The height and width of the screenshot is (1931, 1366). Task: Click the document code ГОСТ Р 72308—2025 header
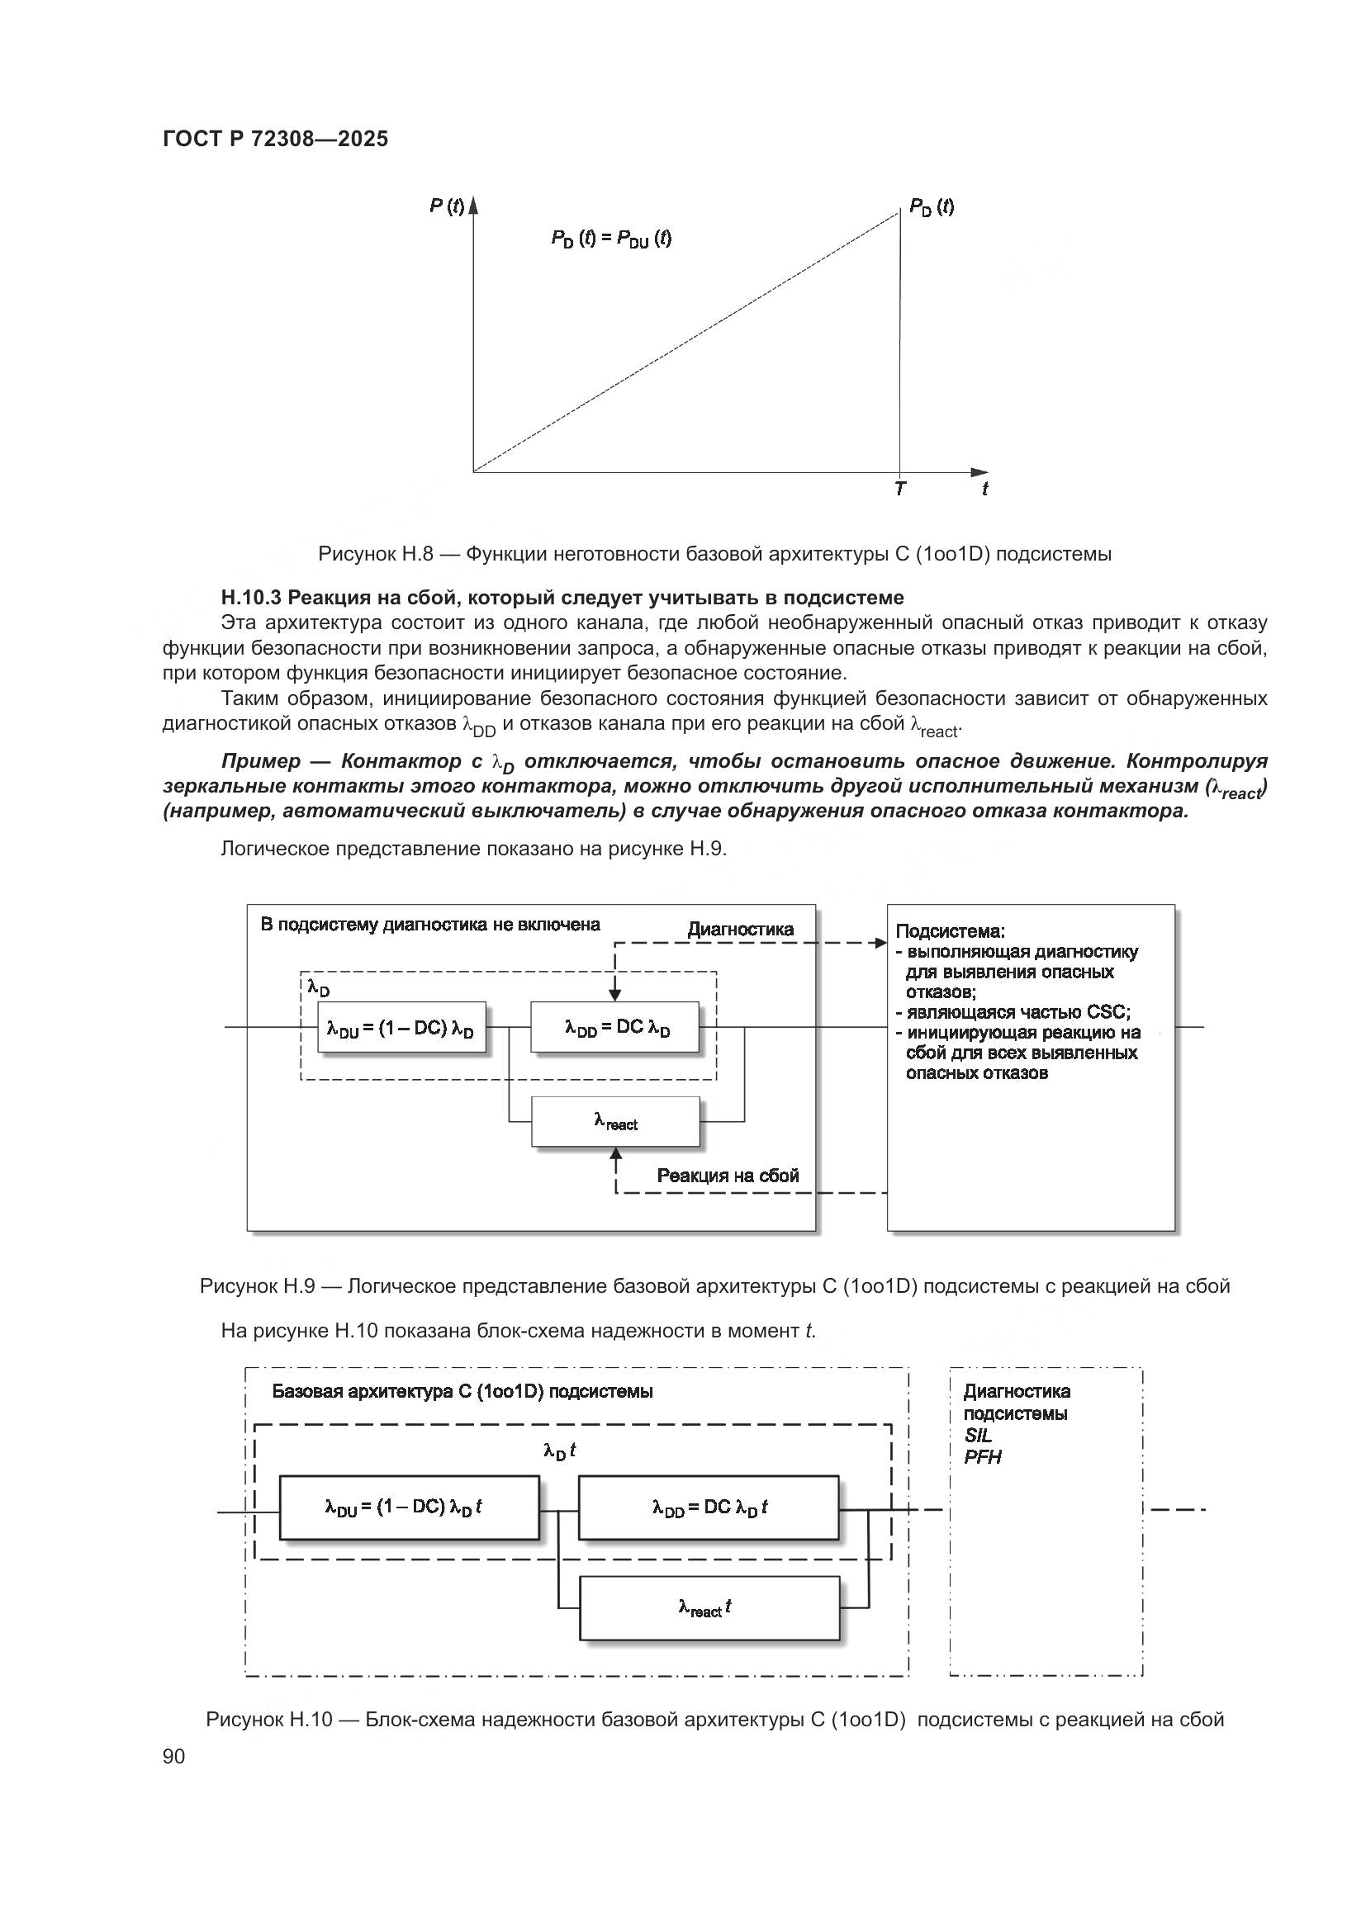coord(275,139)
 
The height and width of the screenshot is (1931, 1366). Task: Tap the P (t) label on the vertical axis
coord(446,206)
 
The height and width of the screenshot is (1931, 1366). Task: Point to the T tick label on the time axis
coord(900,489)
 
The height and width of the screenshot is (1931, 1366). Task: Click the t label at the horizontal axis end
coord(985,489)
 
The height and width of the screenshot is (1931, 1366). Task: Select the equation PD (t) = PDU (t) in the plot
coord(611,239)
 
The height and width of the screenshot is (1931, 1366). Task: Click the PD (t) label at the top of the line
coord(931,207)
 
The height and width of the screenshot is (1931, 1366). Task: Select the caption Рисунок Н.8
coord(375,553)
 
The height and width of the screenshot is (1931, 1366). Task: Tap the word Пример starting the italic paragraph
coord(261,761)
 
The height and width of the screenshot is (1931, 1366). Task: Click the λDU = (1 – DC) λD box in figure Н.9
coord(401,1027)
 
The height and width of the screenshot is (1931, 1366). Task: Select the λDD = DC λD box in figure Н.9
coord(615,1027)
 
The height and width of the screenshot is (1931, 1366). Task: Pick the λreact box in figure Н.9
coord(615,1121)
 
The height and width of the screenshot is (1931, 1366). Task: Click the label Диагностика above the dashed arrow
coord(740,929)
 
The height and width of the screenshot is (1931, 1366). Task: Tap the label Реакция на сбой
coord(728,1175)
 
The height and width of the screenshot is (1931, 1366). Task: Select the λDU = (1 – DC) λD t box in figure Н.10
coord(409,1508)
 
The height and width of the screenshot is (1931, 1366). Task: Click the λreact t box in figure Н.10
coord(709,1608)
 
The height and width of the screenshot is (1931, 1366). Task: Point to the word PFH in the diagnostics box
coord(983,1456)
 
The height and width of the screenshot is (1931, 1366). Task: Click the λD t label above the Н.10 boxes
coord(558,1451)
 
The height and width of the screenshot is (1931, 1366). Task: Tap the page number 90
coord(174,1756)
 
